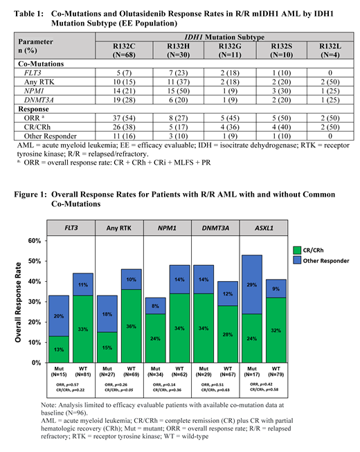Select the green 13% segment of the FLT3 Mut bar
click(59, 349)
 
